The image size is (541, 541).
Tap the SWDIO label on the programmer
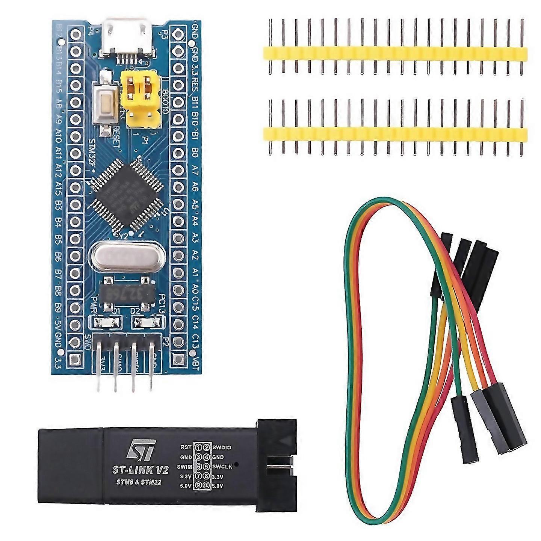coord(222,447)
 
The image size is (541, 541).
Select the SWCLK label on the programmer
coord(222,466)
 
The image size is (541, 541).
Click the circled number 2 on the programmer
coord(206,447)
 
